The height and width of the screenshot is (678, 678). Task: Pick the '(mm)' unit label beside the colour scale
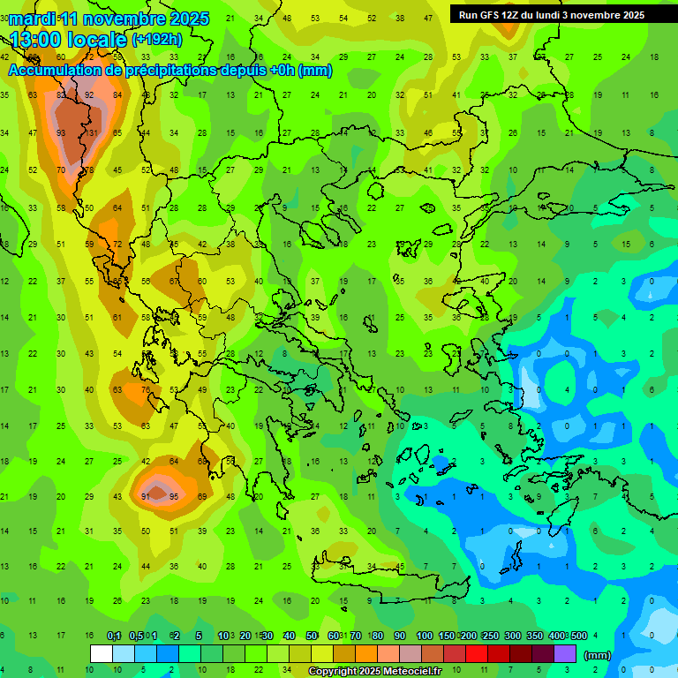point(598,655)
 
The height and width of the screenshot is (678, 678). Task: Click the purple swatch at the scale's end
point(565,654)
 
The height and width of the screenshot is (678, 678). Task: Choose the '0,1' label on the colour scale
point(114,637)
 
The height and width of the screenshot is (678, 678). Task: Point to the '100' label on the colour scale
point(424,637)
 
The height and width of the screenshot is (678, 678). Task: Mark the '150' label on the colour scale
point(447,637)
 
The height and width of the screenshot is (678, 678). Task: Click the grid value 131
point(89,133)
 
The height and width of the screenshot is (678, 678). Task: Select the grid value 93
point(61,133)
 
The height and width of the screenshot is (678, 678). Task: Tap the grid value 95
point(174,497)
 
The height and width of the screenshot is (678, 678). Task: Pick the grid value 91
point(146,497)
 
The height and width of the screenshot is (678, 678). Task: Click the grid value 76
point(146,390)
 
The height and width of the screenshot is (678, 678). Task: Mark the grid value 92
point(89,95)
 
